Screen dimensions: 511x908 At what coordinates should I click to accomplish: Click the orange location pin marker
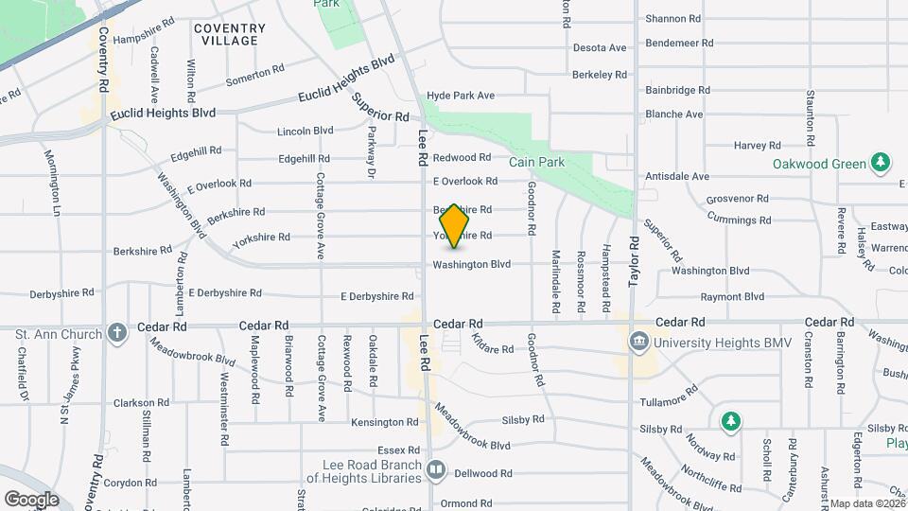point(455,225)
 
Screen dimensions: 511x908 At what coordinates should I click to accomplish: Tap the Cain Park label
point(536,162)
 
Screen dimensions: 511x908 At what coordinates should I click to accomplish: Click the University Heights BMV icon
point(638,340)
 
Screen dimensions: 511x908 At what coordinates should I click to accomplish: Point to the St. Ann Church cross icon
point(116,332)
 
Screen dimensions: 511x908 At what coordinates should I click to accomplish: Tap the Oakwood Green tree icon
point(881,163)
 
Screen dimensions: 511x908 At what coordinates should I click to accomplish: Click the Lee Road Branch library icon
point(436,468)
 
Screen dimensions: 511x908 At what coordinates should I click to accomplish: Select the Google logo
point(31,499)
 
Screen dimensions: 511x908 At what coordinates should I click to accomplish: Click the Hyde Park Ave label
point(461,96)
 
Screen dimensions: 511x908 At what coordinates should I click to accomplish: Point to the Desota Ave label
point(600,47)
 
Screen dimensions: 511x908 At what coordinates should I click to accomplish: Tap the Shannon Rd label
point(672,18)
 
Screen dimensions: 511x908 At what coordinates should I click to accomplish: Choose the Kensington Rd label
point(384,422)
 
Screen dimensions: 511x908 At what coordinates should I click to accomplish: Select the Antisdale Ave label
point(676,176)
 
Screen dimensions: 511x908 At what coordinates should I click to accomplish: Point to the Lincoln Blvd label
point(306,131)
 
